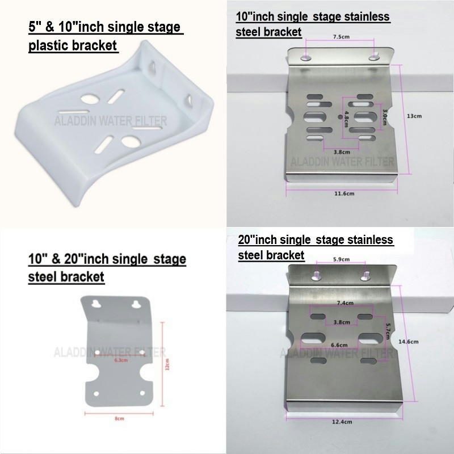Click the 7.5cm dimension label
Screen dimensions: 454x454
pos(340,37)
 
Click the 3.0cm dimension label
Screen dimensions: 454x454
pos(385,115)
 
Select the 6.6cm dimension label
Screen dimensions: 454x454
pos(339,344)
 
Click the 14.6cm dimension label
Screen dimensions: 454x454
pos(409,342)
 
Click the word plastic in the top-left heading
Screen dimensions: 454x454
pos(48,46)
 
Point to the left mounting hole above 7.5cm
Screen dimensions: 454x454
pos(306,57)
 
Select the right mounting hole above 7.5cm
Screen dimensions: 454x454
pos(373,57)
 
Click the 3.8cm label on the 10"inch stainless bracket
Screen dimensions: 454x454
pos(341,152)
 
